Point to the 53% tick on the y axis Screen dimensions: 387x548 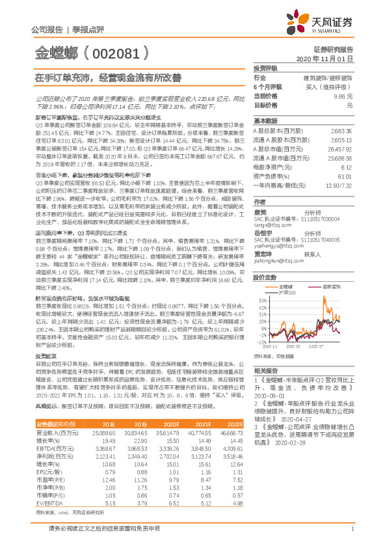pos(262,300)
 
